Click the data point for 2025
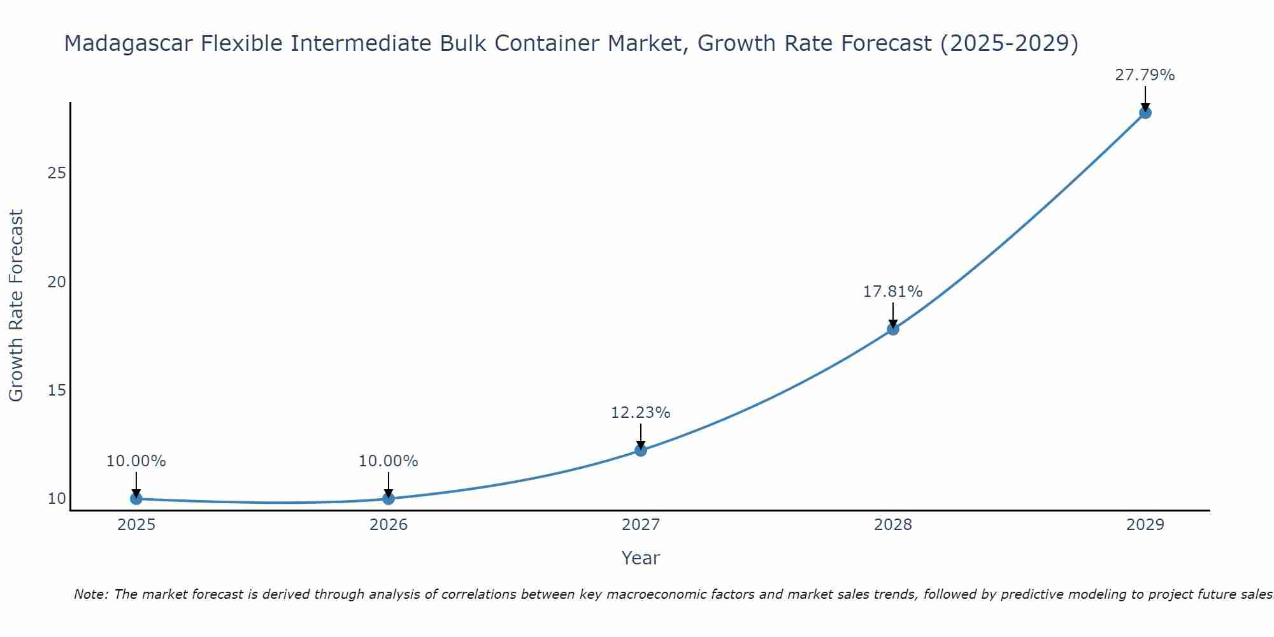coord(136,498)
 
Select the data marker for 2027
coord(640,450)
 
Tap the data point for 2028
coord(892,329)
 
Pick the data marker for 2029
coord(1145,113)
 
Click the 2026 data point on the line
coord(388,498)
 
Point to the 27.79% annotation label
coord(1145,75)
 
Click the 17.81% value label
coord(892,292)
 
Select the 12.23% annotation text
coord(640,413)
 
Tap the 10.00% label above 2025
coord(136,461)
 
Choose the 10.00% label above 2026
coord(388,461)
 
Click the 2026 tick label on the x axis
coord(388,525)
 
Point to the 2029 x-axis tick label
coord(1145,525)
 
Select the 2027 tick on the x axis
coord(640,525)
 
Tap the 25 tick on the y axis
coord(57,173)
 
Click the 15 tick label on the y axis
coord(57,390)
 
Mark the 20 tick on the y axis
coord(57,282)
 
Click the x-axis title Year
coord(640,558)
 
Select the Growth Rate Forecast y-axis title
coord(17,306)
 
